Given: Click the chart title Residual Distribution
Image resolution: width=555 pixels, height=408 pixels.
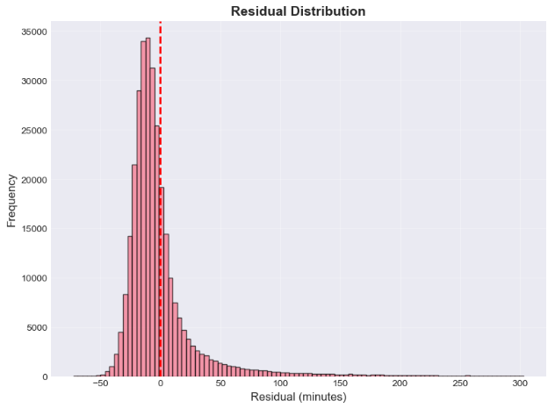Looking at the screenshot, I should click(x=298, y=11).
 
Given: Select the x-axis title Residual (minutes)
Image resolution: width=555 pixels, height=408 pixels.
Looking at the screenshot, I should click(x=298, y=397).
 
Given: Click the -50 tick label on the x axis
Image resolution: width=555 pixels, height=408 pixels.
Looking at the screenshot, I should click(x=100, y=384).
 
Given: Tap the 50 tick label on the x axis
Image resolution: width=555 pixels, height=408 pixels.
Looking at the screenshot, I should click(x=220, y=384).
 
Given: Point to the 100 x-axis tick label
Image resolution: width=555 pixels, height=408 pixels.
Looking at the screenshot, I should click(x=280, y=384).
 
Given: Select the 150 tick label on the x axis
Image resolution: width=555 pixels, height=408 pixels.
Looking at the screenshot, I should click(x=340, y=384).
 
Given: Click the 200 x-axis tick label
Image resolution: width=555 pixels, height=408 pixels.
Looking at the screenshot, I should click(x=400, y=384).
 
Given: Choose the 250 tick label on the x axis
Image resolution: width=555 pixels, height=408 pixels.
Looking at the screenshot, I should click(x=460, y=384).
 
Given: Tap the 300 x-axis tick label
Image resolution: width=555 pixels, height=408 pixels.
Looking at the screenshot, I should click(x=520, y=384).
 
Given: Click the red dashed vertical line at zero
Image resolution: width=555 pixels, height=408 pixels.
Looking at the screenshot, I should click(x=161, y=263).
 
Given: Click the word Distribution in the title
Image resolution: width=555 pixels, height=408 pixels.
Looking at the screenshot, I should click(x=330, y=11).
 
